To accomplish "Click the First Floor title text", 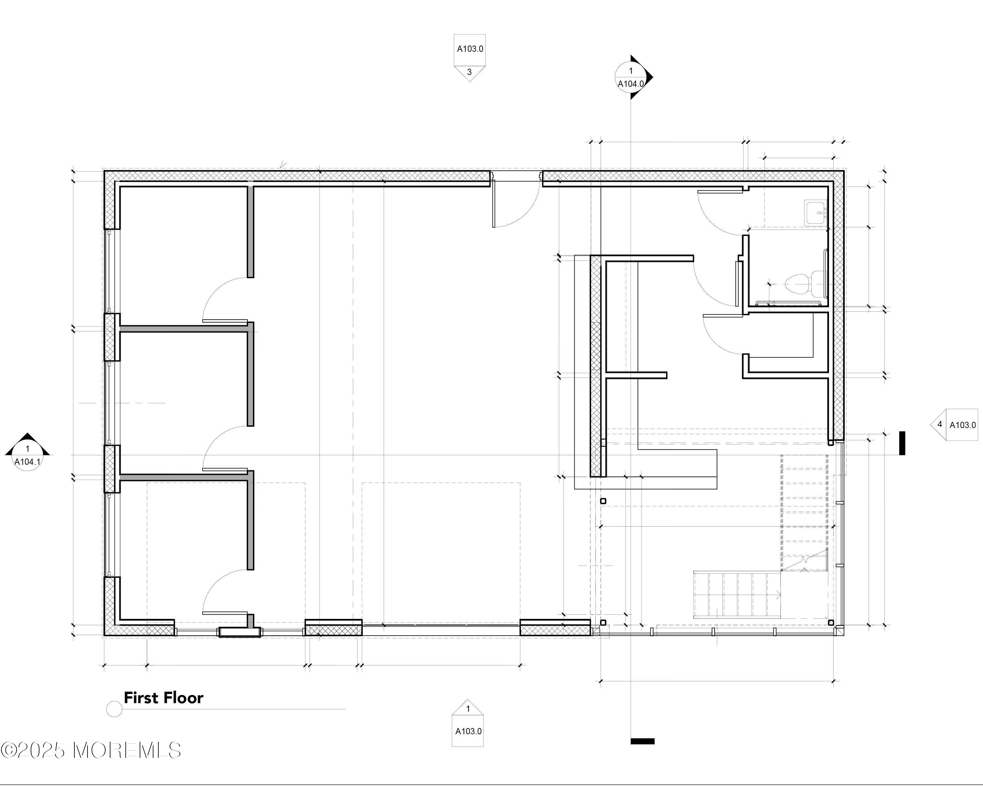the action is [x=163, y=698].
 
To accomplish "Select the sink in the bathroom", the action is [x=816, y=212].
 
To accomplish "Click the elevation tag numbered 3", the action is [x=469, y=58].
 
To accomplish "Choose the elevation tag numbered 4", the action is [x=954, y=425].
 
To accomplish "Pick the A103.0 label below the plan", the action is [x=468, y=731].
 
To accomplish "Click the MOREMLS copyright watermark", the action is [x=91, y=750].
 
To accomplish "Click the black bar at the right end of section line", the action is [x=902, y=443].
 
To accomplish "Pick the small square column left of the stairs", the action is [x=603, y=501].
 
